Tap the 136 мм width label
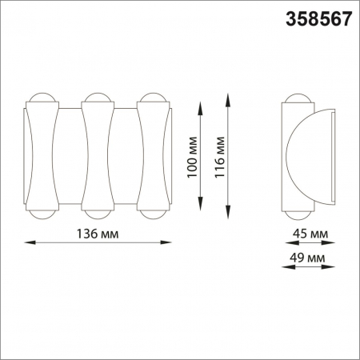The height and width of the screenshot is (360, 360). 96,234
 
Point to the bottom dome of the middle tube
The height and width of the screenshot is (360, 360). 96,214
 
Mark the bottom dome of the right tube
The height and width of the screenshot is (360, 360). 152,214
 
